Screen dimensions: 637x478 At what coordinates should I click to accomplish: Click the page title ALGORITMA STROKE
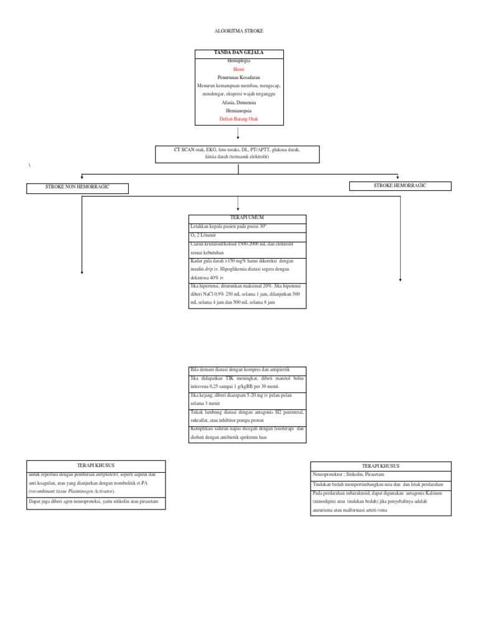[x=239, y=30]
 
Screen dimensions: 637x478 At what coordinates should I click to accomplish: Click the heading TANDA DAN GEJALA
[x=239, y=53]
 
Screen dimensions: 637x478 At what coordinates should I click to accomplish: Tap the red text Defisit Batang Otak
[x=239, y=118]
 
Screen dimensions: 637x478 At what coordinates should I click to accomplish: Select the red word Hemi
[x=239, y=70]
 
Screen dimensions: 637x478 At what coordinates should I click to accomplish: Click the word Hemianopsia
[x=239, y=110]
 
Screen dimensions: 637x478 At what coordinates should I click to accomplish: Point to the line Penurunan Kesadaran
[x=239, y=78]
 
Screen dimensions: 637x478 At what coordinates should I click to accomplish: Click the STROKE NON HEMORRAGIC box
[x=77, y=187]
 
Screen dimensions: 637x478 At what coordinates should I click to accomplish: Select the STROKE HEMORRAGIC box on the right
[x=400, y=185]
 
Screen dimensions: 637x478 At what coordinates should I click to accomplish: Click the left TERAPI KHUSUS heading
[x=96, y=465]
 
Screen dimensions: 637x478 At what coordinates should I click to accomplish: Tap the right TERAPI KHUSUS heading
[x=380, y=465]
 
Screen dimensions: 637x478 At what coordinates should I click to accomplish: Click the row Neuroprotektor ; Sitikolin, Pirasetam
[x=380, y=474]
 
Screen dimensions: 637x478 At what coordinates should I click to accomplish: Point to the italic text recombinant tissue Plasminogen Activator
[x=71, y=491]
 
